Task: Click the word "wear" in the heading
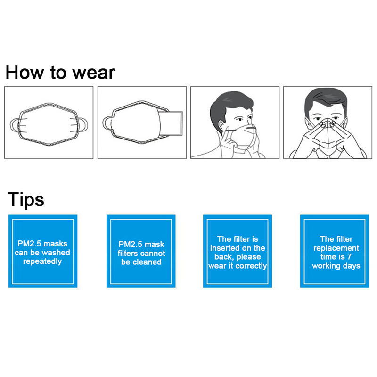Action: [93, 73]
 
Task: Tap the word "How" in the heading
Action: [25, 72]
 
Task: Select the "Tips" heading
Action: [26, 199]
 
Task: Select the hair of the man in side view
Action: [229, 106]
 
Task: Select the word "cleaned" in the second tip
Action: [147, 262]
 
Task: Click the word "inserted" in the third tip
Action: [225, 248]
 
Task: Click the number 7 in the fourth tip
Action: [349, 257]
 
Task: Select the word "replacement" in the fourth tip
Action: [336, 248]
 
